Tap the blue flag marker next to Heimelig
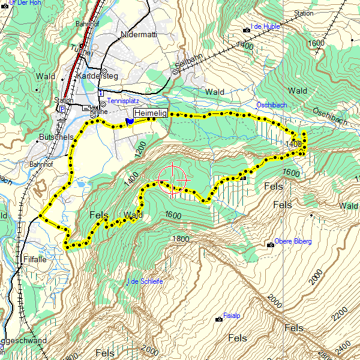coord(130,122)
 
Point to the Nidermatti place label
coord(139,34)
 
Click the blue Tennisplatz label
coord(123,101)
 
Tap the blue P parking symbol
coord(62,109)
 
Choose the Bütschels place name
coord(55,137)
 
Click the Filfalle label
coord(34,260)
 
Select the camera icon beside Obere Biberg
coord(269,244)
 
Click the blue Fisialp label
coord(232,315)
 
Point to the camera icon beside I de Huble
coord(246,29)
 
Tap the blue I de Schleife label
coord(146,281)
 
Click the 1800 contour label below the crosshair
coord(180,239)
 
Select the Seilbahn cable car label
coord(189,61)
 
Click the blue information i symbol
coord(101,94)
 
